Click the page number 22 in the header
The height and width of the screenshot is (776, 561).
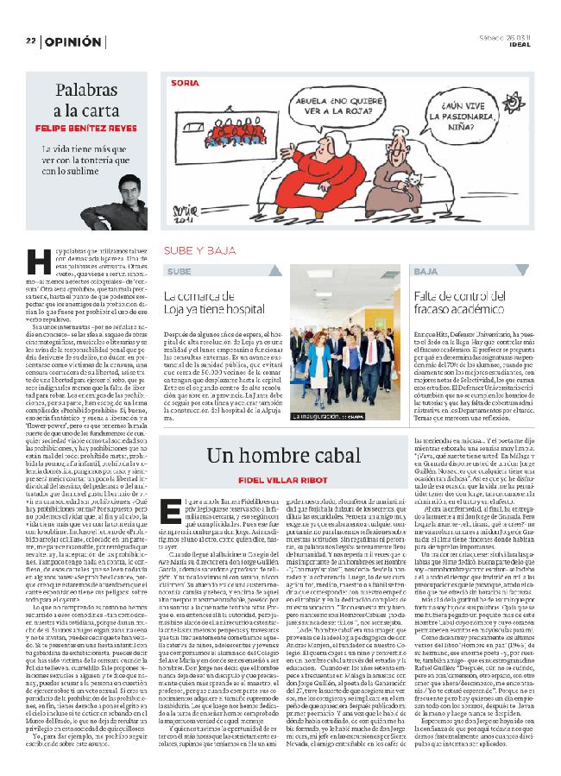(29, 41)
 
